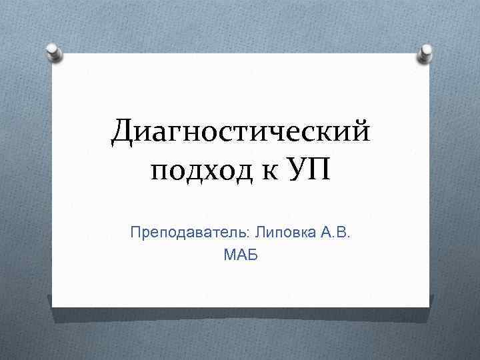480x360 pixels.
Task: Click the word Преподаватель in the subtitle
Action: pyautogui.click(x=191, y=234)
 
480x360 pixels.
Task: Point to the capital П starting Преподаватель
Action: pyautogui.click(x=136, y=234)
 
